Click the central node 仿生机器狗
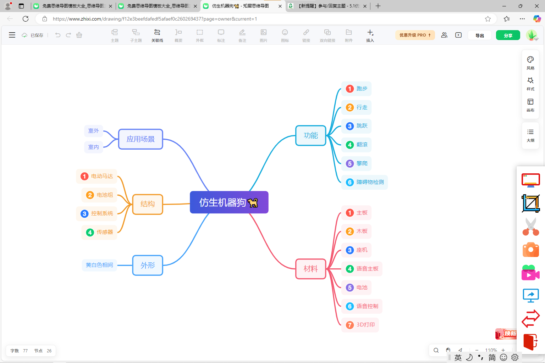229,202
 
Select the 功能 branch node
311,135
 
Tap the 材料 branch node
311,269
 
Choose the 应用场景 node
141,139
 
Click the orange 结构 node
148,204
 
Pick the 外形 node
148,265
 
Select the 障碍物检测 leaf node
364,182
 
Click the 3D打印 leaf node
360,325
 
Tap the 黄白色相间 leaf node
99,265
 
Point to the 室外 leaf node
93,131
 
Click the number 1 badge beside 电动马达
84,176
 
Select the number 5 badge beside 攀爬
349,164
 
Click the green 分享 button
508,35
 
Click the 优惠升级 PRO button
415,35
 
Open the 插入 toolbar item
370,35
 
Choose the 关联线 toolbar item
157,35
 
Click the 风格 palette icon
530,60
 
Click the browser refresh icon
26,19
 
